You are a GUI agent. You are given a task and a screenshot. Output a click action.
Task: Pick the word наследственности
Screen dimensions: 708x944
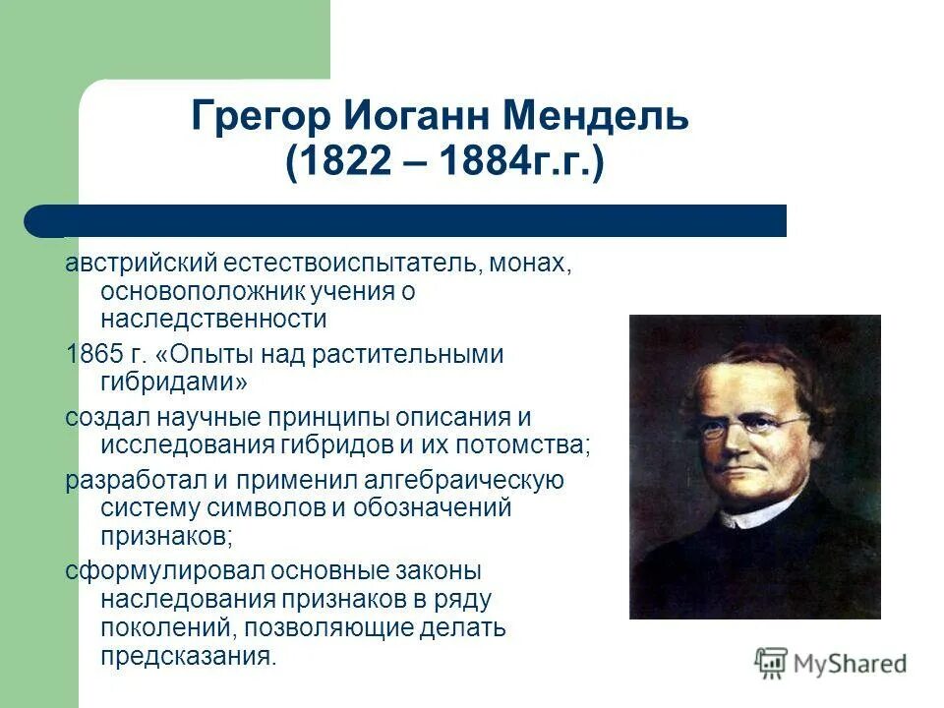tap(212, 319)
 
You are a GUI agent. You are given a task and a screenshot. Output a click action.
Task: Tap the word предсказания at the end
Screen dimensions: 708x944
tap(188, 656)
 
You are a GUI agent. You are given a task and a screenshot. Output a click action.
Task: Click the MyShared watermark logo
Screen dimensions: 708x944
tap(831, 664)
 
